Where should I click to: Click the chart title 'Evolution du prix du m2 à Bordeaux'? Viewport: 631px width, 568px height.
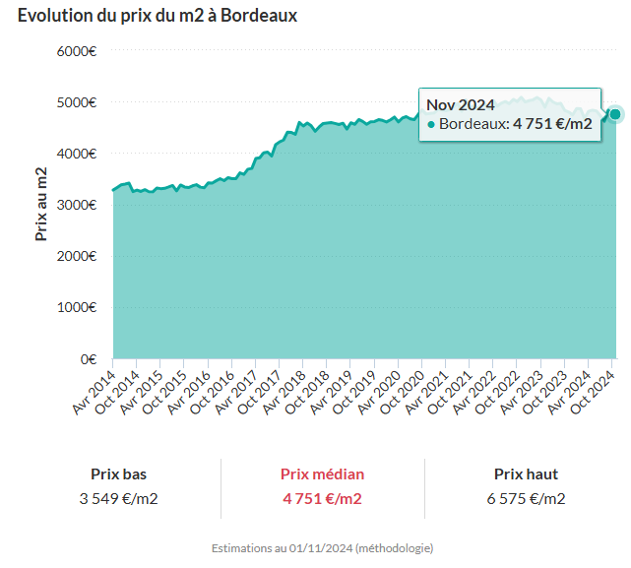click(x=158, y=16)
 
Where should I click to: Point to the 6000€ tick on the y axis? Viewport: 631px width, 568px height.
click(x=75, y=51)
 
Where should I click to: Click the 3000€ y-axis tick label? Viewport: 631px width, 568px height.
click(x=75, y=205)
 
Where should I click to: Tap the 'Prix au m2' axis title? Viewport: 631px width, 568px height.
click(x=41, y=205)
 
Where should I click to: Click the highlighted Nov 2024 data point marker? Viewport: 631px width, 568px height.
click(x=615, y=114)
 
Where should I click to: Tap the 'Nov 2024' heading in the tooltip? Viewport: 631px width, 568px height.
click(x=460, y=104)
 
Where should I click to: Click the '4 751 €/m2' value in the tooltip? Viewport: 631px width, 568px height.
click(x=552, y=124)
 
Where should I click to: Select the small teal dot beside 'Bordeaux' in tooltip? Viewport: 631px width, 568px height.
click(x=431, y=125)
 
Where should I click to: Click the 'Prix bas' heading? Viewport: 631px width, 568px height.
click(x=118, y=473)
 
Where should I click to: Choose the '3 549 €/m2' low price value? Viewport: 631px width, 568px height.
click(x=118, y=498)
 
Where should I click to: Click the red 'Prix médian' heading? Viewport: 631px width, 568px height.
click(x=322, y=473)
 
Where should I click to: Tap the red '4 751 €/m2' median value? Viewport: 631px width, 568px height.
click(x=322, y=498)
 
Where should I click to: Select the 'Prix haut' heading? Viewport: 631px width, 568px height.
click(x=526, y=473)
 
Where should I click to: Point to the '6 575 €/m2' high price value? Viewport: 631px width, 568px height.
click(x=526, y=498)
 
